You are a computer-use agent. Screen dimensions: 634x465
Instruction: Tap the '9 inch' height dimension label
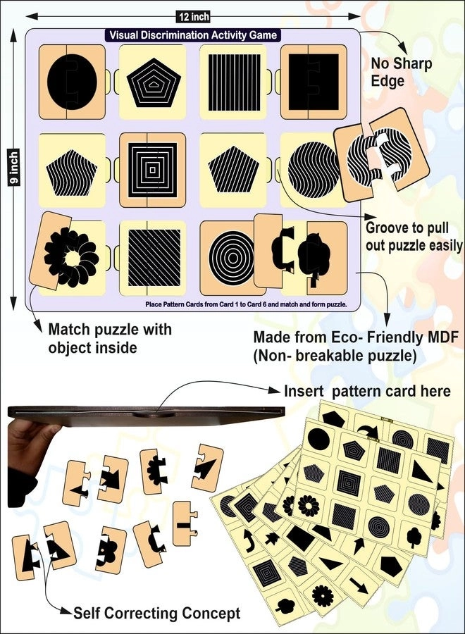pos(14,169)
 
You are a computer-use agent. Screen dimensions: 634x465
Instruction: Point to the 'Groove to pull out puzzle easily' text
pos(414,237)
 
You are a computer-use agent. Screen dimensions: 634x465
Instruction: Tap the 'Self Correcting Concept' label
pos(156,613)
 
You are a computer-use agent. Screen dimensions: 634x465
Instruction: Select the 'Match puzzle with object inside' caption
pos(110,338)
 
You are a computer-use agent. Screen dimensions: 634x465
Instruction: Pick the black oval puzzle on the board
pos(72,82)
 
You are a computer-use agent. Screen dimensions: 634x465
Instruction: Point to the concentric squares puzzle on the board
pos(153,170)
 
